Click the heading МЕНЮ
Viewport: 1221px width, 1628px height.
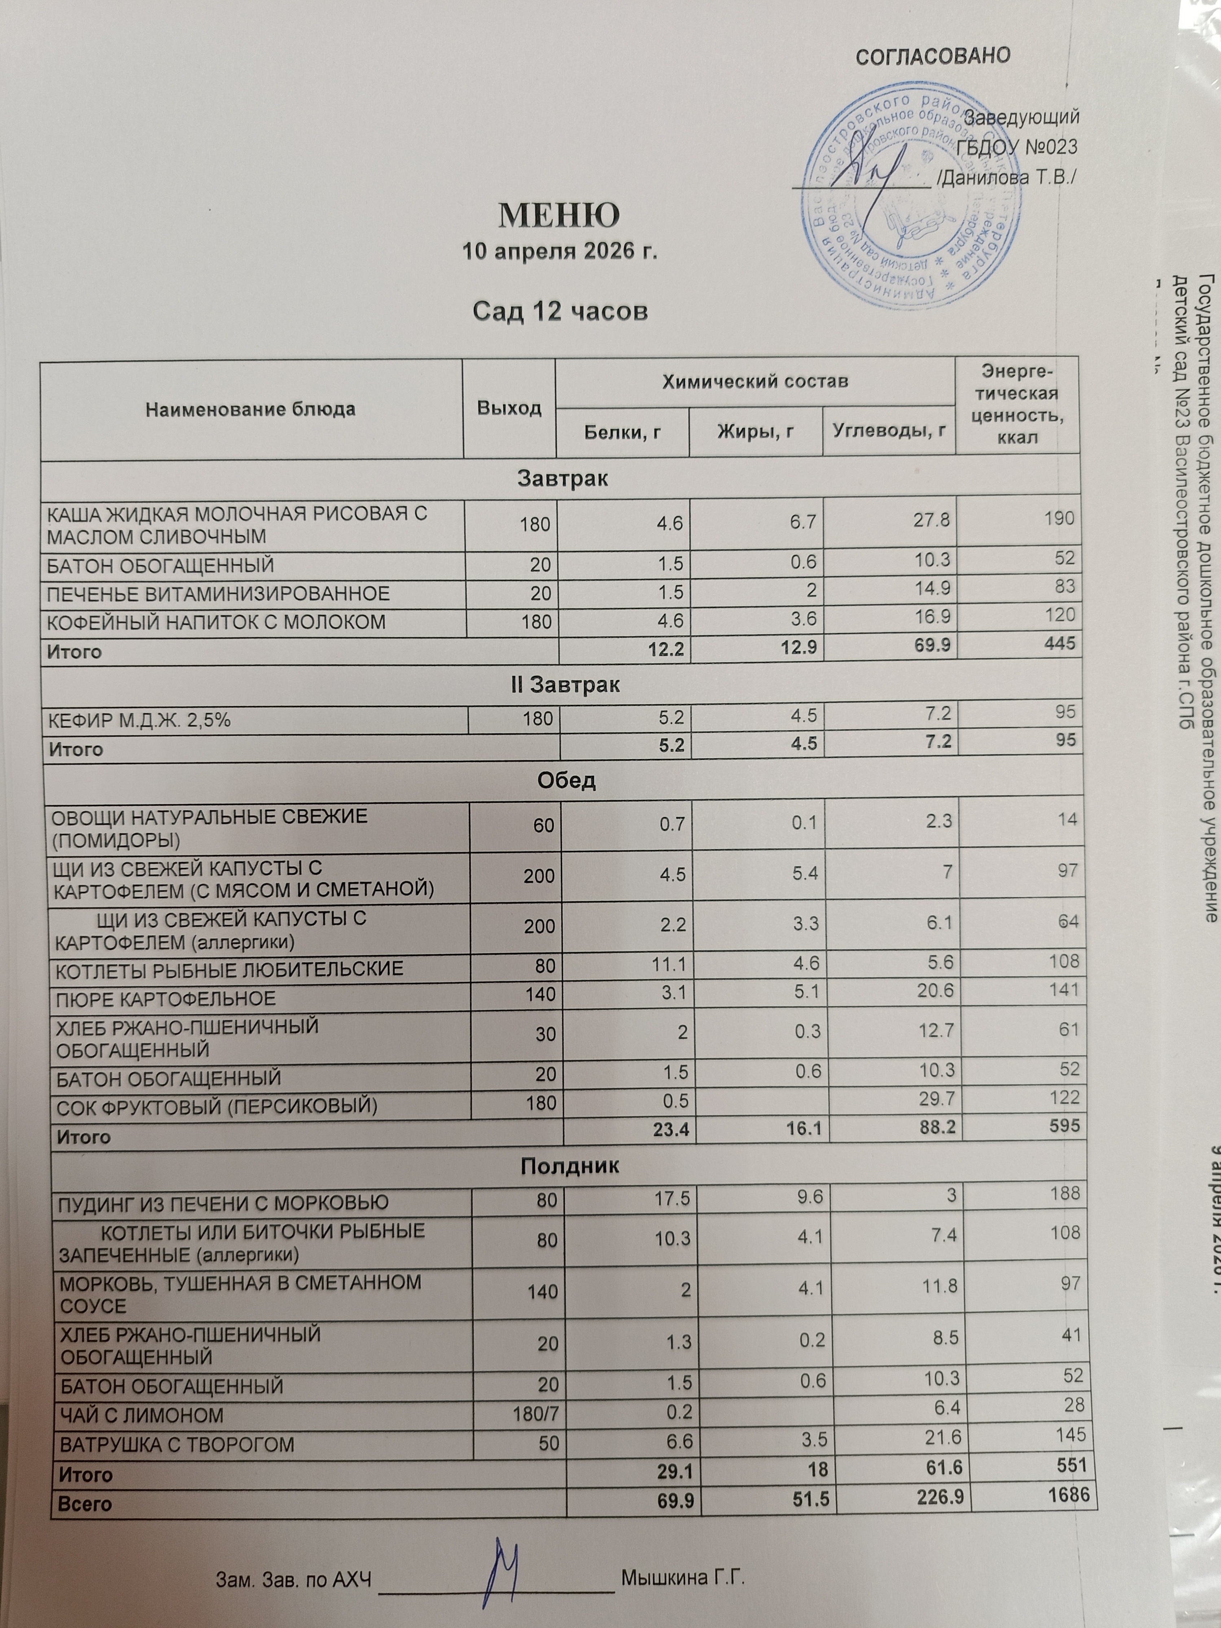click(559, 216)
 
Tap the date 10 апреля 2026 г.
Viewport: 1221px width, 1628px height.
click(559, 252)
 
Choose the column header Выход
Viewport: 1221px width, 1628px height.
click(509, 409)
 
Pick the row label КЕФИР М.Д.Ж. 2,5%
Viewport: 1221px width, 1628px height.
click(140, 720)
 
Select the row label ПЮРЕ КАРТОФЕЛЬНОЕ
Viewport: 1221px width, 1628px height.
click(166, 999)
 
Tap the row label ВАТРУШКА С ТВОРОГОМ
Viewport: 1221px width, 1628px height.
click(177, 1445)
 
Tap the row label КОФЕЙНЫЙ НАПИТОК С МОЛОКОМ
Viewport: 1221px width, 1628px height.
click(217, 623)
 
